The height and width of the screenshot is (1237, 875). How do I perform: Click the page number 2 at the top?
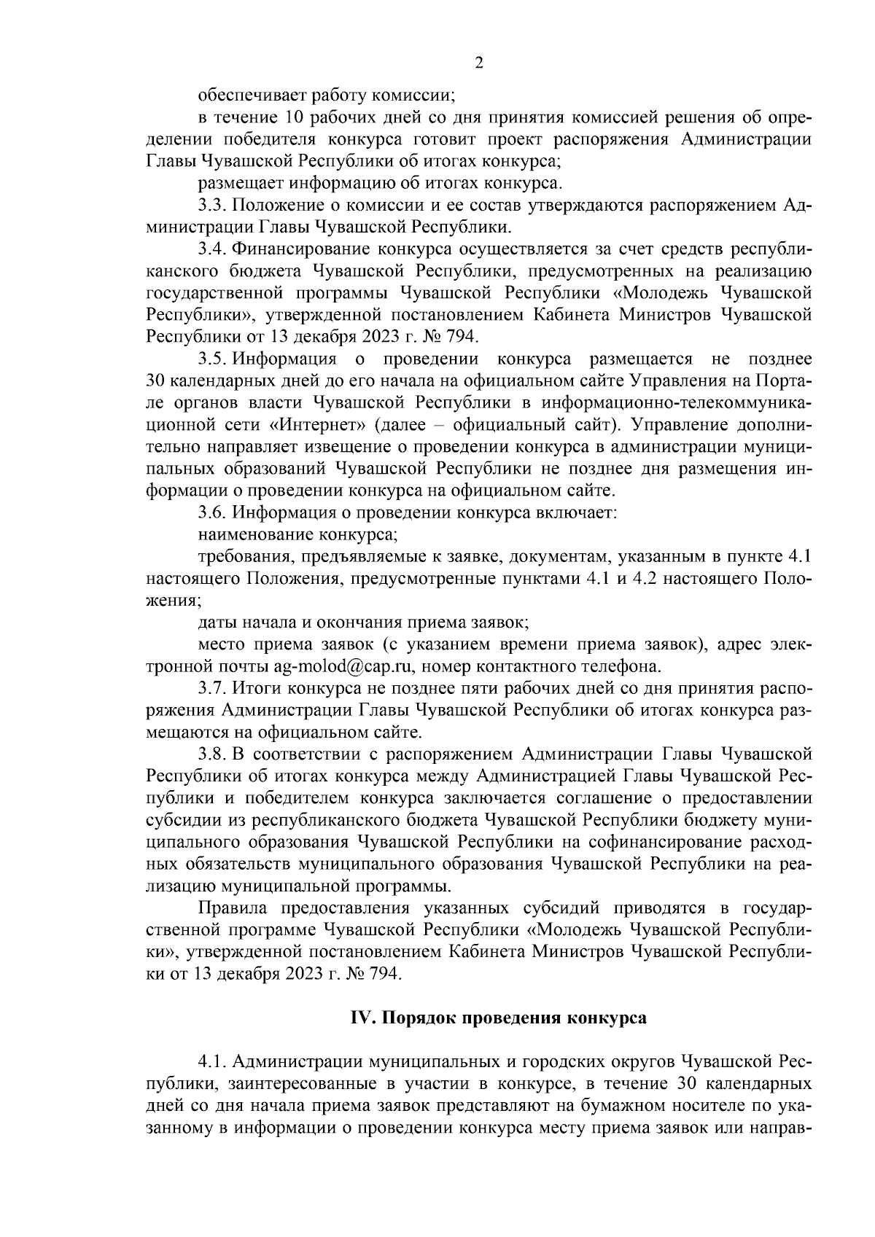(478, 63)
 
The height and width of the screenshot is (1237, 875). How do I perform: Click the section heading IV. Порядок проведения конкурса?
(495, 1019)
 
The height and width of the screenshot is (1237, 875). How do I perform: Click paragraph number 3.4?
(212, 249)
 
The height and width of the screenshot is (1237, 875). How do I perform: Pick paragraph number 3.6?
(212, 512)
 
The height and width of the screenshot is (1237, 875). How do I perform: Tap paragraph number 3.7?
(212, 687)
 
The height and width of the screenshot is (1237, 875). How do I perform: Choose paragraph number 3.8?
(212, 753)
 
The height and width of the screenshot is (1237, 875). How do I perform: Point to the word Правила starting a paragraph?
(231, 908)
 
